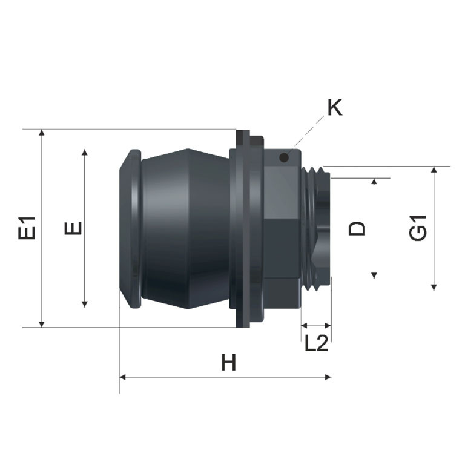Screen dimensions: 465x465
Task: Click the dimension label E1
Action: click(x=27, y=228)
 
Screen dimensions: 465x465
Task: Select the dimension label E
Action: click(x=73, y=228)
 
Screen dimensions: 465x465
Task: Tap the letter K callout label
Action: click(x=335, y=107)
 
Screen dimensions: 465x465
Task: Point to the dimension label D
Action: click(x=357, y=228)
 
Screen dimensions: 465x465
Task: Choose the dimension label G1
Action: click(x=418, y=228)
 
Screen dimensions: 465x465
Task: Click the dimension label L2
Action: click(x=317, y=343)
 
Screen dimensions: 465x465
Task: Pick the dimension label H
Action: click(x=229, y=362)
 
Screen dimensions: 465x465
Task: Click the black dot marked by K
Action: click(x=284, y=157)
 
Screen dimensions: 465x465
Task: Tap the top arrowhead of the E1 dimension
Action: click(x=42, y=133)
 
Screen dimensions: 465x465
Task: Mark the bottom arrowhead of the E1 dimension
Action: click(x=42, y=324)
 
